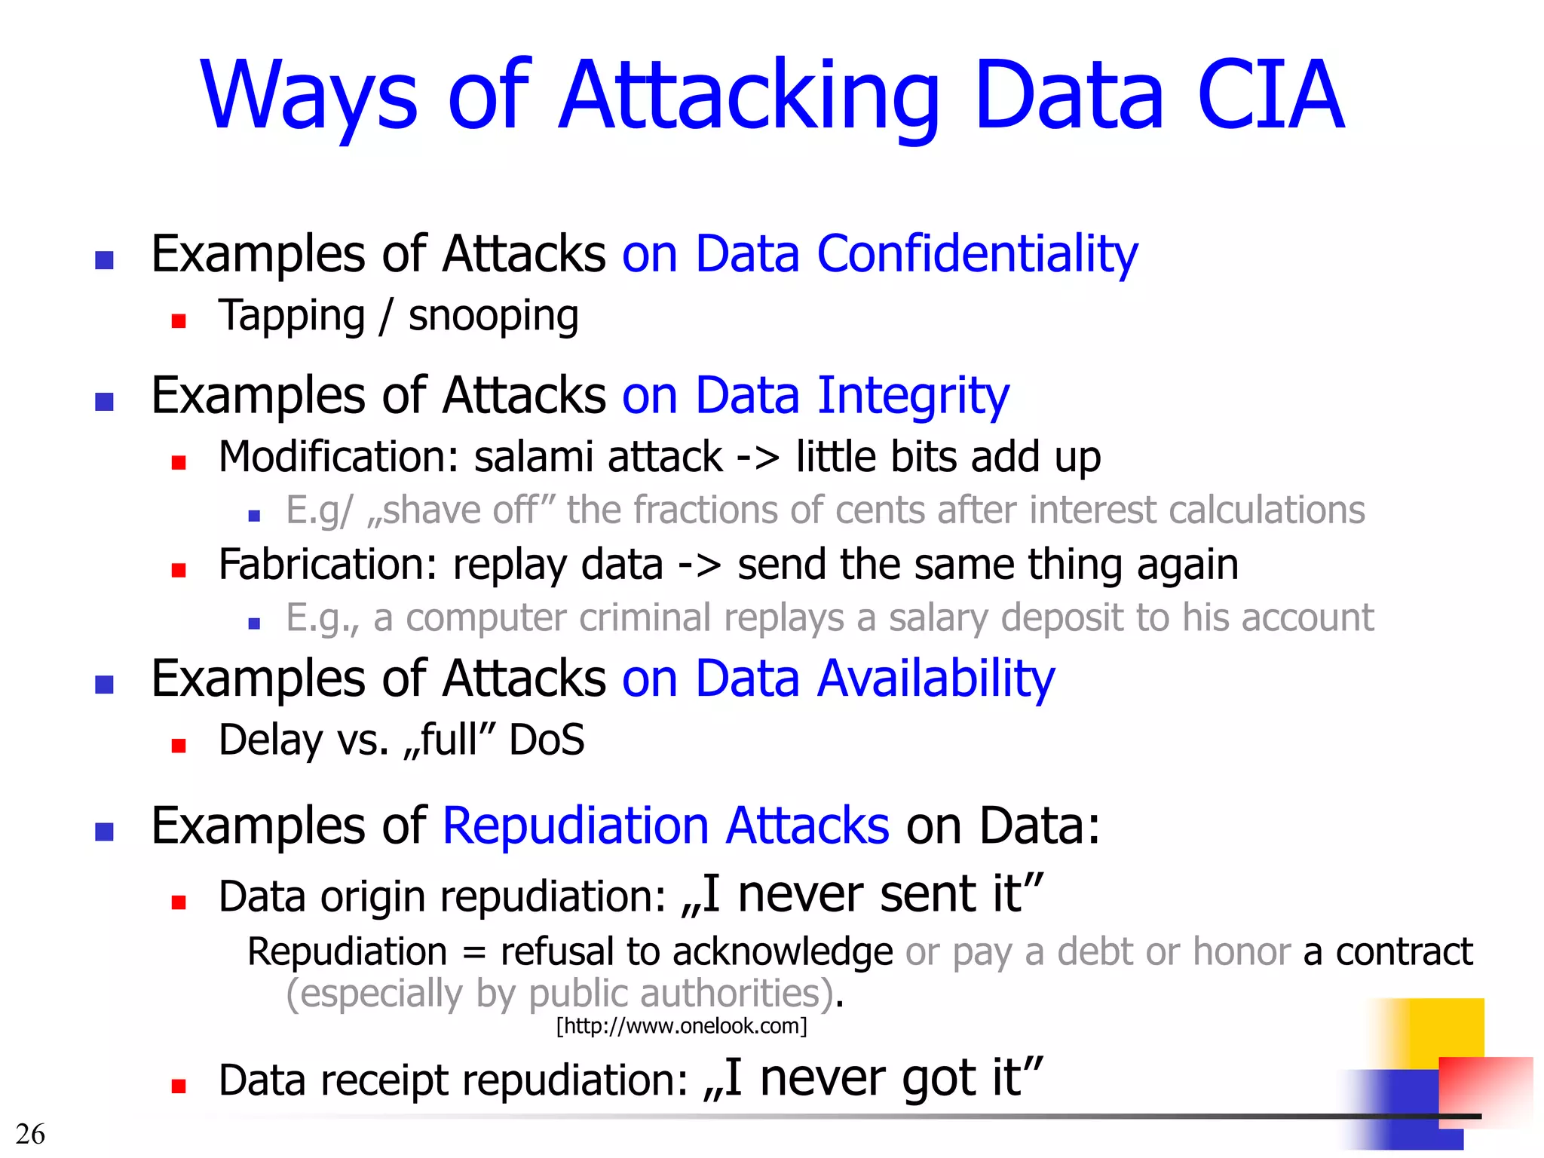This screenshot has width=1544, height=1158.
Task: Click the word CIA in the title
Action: click(x=1270, y=96)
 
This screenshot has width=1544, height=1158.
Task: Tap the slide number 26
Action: click(x=30, y=1134)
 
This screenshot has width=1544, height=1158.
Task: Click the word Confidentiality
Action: click(x=977, y=255)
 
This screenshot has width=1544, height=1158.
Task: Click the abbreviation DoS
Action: click(x=547, y=740)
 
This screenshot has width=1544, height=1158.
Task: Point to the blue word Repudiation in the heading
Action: click(x=576, y=826)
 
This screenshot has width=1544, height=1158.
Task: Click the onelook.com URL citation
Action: click(x=682, y=1026)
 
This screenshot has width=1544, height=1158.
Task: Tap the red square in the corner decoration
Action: click(x=1485, y=1086)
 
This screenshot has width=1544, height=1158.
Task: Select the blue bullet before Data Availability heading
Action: click(x=104, y=685)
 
